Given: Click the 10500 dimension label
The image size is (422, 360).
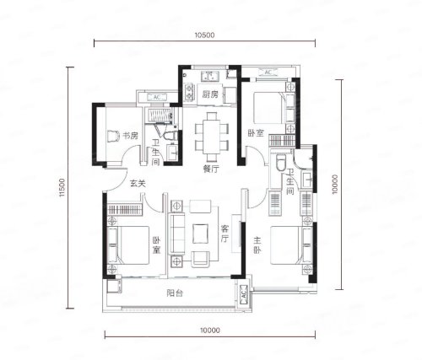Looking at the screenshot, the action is coord(204,35).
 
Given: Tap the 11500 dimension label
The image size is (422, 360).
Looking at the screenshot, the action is coord(62,187).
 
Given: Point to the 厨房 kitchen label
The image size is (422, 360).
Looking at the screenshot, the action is coord(210,94).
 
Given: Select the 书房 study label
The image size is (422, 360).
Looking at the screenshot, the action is coord(131,136).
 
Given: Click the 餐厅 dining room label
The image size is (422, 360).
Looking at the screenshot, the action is coord(211,169).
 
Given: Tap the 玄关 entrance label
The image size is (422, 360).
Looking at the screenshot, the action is coord(138,184).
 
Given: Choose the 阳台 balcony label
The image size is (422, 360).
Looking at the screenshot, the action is coord(175,293).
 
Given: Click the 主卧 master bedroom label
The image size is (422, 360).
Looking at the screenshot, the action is coord(257,245).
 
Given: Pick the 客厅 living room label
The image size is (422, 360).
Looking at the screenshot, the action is coord(225,234).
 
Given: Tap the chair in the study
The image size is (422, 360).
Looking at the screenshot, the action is coord(114,137).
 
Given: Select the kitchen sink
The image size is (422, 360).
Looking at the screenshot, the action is coord(210,76).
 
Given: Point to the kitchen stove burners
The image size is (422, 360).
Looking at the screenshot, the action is coord(189,92).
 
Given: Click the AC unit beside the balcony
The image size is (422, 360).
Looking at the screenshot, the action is coord(244,294).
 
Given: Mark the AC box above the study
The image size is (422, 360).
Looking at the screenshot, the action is coord(157,97).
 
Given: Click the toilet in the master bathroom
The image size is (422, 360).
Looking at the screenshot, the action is coord(281,162).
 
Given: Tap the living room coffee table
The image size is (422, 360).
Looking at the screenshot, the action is coord(200,234).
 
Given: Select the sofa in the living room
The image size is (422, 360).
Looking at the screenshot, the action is coord(176,234).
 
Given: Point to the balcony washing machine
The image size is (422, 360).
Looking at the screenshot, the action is coord(114,286).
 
